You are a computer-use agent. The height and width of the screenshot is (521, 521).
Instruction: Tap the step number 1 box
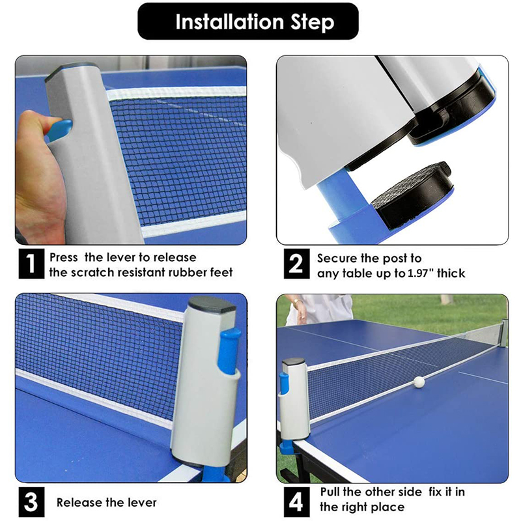(29, 264)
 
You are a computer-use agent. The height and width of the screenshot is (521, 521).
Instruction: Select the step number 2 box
(295, 264)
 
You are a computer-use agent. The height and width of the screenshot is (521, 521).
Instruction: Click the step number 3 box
(29, 502)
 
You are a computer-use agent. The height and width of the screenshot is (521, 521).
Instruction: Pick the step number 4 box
(295, 502)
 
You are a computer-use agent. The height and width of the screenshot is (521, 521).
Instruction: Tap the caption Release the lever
(106, 502)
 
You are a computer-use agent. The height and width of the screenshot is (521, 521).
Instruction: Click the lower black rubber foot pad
(410, 195)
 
